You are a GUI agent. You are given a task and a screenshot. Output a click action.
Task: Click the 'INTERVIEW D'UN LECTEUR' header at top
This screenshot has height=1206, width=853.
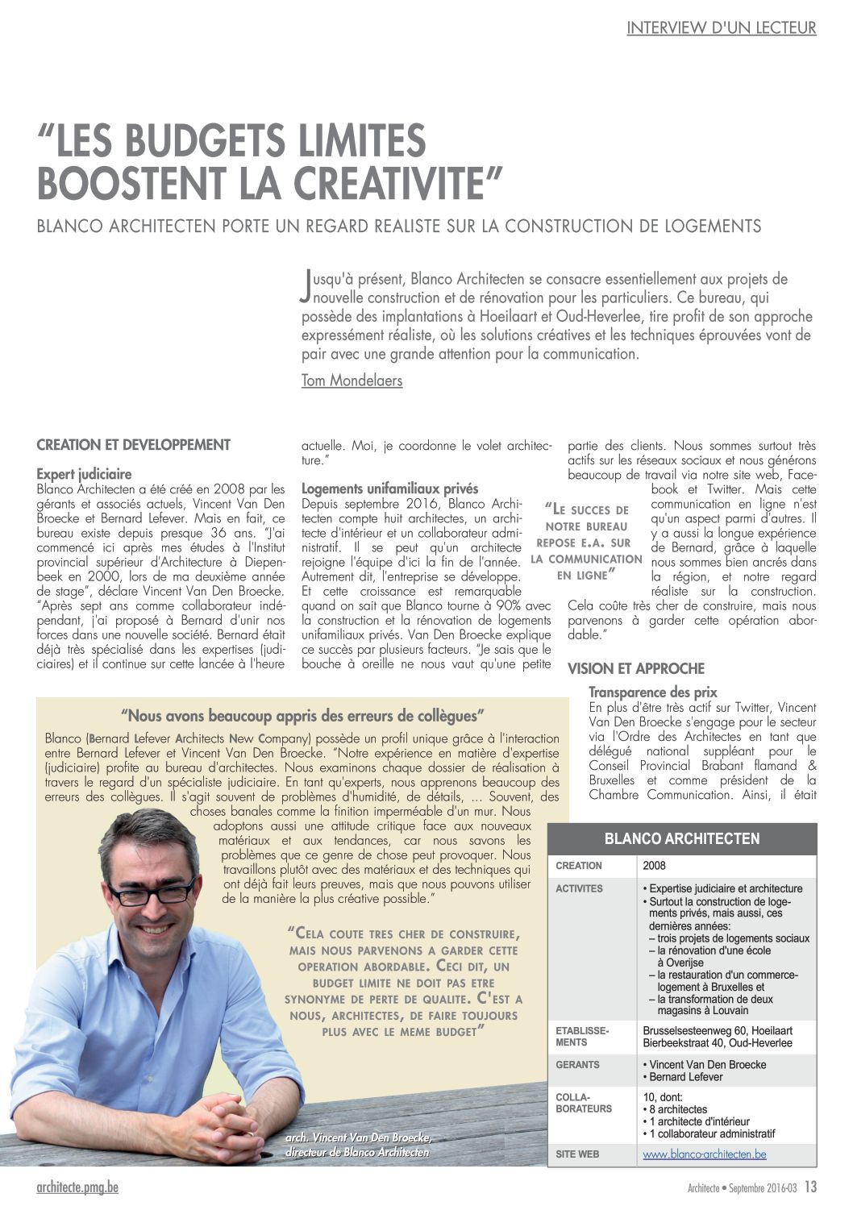pyautogui.click(x=721, y=28)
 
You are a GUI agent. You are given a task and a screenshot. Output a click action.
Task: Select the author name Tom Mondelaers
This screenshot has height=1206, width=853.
pyautogui.click(x=352, y=381)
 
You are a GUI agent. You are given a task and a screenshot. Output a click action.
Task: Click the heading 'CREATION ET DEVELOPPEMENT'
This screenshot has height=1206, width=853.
pyautogui.click(x=134, y=445)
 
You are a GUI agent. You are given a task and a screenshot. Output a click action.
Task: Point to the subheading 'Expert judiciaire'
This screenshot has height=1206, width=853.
pyautogui.click(x=84, y=474)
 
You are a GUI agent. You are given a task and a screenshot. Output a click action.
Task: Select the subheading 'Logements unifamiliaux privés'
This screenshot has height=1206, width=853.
pyautogui.click(x=389, y=489)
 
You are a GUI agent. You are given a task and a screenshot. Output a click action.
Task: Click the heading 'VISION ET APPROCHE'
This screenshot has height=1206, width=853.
pyautogui.click(x=635, y=668)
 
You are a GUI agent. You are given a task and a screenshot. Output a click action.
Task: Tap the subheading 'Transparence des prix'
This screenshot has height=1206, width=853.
pyautogui.click(x=652, y=692)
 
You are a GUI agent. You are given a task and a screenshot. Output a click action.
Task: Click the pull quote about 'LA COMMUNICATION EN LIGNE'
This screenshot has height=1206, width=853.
pyautogui.click(x=586, y=542)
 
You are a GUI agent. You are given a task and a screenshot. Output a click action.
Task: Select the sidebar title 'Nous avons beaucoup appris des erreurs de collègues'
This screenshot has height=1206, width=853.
pyautogui.click(x=302, y=715)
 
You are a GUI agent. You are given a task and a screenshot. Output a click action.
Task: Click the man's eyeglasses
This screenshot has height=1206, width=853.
pyautogui.click(x=152, y=892)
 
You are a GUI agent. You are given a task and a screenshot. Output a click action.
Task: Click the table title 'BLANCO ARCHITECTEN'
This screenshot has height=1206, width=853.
pyautogui.click(x=681, y=838)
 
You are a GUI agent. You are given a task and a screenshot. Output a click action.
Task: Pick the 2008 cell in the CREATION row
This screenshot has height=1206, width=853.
pyautogui.click(x=654, y=866)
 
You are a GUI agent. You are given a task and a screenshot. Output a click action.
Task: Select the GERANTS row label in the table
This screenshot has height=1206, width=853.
pyautogui.click(x=577, y=1065)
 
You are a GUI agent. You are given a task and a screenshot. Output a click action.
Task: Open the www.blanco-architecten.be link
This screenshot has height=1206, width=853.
pyautogui.click(x=704, y=1154)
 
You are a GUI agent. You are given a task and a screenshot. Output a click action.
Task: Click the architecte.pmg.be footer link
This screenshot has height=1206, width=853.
pyautogui.click(x=77, y=1187)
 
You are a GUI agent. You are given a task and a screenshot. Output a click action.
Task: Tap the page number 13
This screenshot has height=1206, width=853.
pyautogui.click(x=810, y=1187)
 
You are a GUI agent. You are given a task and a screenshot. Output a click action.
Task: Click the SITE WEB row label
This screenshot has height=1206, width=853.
pyautogui.click(x=577, y=1154)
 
